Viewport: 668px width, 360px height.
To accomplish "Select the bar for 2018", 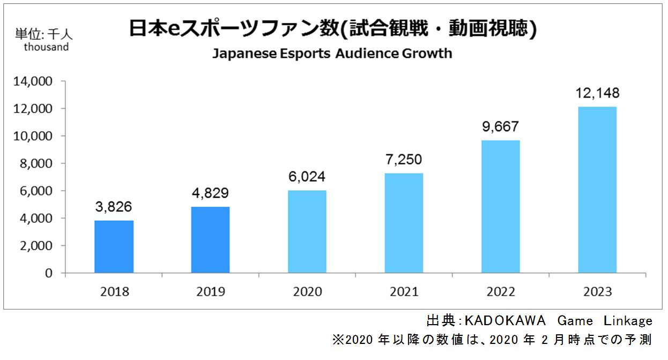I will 114,246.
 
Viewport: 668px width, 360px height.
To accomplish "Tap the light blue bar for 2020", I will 307,231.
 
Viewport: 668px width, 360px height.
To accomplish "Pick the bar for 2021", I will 403,223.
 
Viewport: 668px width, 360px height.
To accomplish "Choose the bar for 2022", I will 500,206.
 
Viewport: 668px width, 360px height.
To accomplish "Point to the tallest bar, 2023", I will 597,190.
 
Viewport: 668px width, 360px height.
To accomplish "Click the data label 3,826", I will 114,206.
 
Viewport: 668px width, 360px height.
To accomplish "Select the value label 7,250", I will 403,159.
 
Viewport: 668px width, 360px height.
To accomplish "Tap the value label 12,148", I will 597,93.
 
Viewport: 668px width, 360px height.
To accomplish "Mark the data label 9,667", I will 500,126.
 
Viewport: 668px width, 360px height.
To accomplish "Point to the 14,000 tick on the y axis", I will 33,82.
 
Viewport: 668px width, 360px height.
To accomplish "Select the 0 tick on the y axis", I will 49,273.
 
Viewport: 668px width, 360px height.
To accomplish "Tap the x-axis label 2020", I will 307,292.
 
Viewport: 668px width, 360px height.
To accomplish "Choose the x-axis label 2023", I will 597,292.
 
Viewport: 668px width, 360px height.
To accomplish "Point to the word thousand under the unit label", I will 46,47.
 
